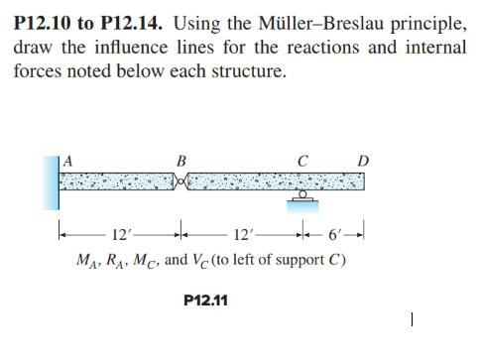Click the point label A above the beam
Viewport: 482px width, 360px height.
coord(68,156)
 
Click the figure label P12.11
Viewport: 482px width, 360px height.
coord(206,297)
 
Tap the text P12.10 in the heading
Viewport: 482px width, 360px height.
coord(42,22)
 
